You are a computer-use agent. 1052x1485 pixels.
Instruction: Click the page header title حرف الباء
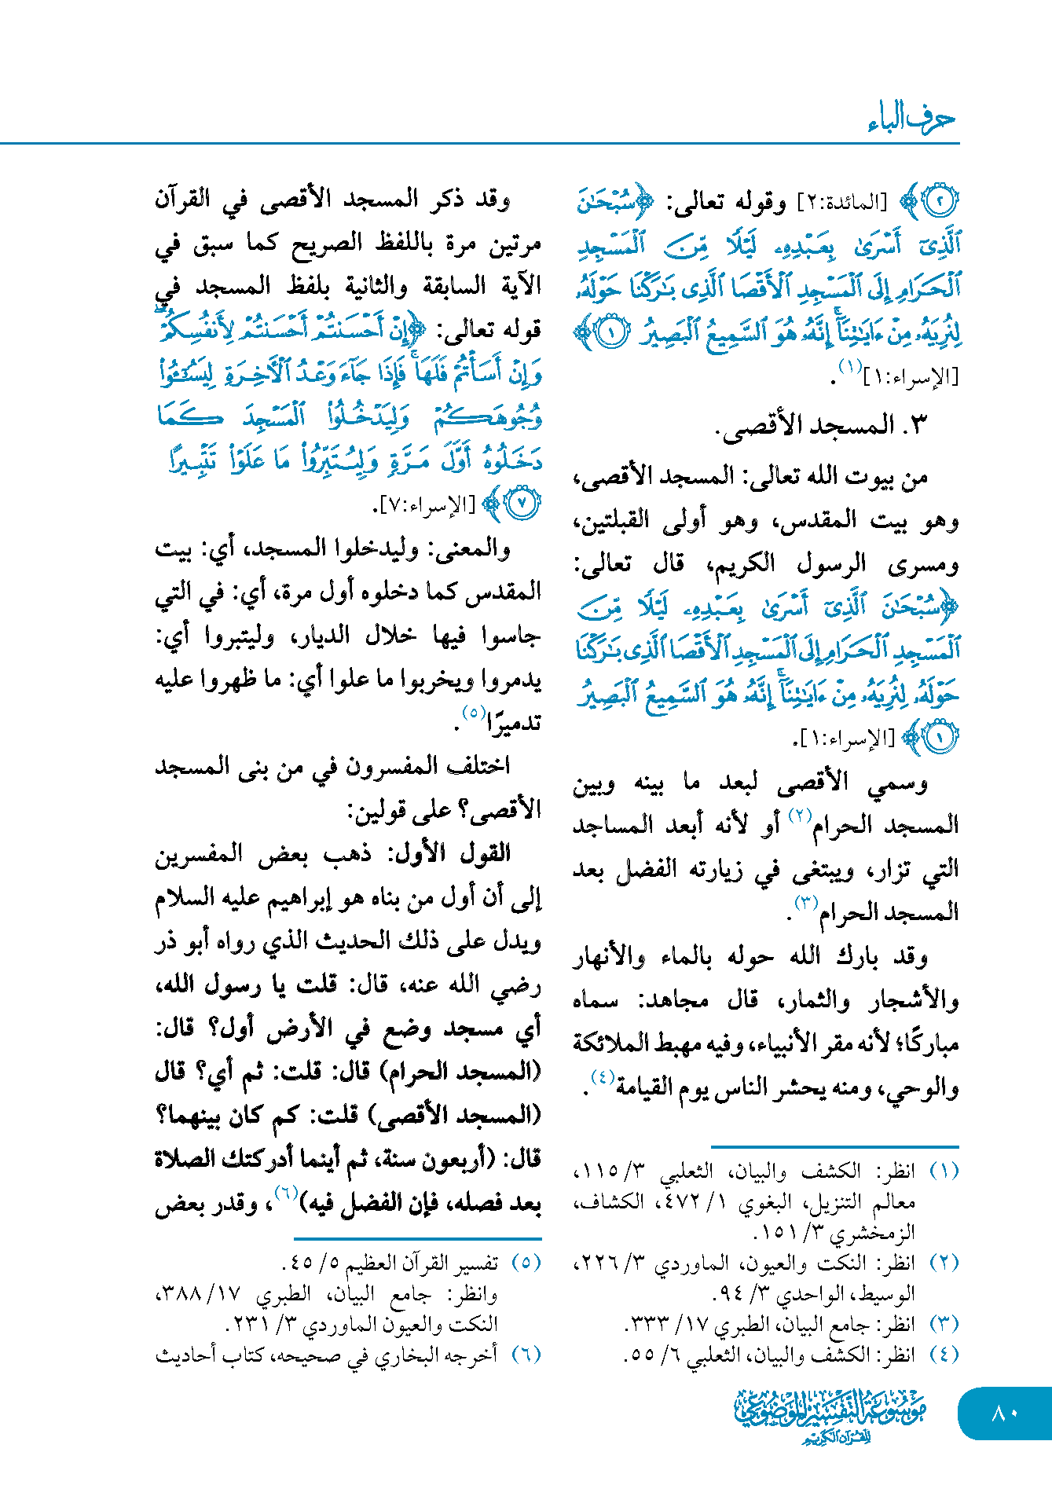pos(911,119)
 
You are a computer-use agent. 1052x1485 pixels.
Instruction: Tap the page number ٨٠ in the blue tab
pos(1005,1413)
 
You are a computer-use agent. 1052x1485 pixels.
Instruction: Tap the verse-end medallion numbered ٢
pos(940,201)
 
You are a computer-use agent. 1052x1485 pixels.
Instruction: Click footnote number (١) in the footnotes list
pos(944,1171)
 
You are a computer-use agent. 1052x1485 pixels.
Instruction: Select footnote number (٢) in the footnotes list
pos(944,1263)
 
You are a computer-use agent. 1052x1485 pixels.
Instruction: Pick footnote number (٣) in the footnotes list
pos(944,1324)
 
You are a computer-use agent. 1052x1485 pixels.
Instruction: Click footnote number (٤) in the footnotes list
pos(944,1355)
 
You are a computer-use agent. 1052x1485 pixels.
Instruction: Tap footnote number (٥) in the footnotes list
pos(526,1263)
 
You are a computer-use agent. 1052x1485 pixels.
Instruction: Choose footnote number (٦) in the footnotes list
pos(526,1355)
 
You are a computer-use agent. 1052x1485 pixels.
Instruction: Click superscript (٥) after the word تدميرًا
pos(473,713)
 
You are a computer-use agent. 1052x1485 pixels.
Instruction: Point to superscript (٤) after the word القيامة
pos(603,1077)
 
